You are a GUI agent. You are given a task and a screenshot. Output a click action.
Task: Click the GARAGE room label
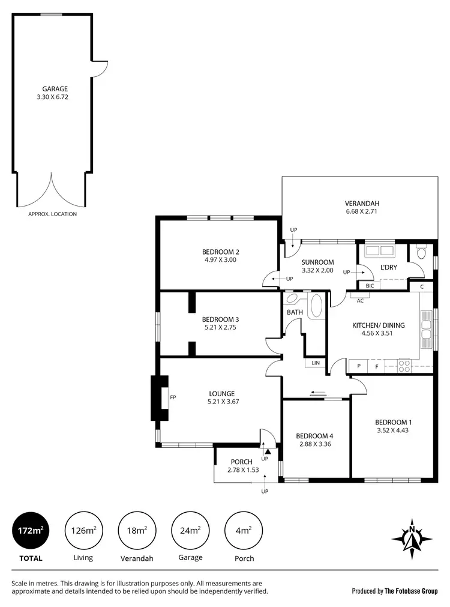55,89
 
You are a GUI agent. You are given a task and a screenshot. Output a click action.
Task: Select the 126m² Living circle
83,530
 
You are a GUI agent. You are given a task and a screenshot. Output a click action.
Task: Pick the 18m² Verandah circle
137,530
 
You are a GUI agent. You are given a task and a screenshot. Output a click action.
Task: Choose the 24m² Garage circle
190,530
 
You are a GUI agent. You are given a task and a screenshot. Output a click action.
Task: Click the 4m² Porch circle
244,530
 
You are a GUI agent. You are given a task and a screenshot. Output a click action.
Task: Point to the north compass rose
412,534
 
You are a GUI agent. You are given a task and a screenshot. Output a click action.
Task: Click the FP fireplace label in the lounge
173,397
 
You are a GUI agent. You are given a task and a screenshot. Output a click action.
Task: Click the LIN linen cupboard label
315,363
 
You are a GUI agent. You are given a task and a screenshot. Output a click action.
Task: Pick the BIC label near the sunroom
370,286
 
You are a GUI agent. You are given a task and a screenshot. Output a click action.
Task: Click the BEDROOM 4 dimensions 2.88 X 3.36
316,445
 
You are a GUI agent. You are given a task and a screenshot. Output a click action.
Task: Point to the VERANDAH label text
362,203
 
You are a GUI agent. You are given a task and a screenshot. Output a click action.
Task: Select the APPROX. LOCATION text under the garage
53,214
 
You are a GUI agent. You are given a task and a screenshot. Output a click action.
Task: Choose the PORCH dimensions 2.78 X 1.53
243,470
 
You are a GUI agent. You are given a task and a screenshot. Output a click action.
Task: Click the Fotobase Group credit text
395,591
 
